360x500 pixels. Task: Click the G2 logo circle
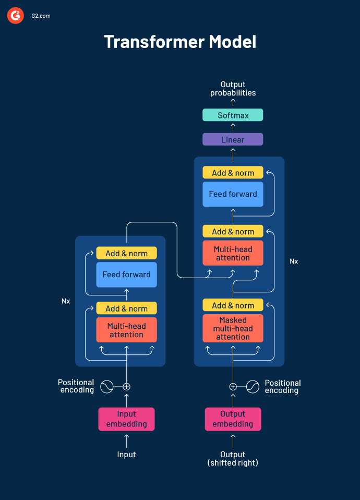15,16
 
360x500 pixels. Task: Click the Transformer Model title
180,42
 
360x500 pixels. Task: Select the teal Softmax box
233,115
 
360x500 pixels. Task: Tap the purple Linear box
233,140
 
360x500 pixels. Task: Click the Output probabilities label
233,89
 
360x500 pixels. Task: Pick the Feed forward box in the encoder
126,275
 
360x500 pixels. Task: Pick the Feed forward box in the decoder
233,194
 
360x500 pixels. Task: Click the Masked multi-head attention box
233,329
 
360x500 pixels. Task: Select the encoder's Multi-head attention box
126,330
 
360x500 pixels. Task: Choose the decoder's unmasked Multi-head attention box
233,254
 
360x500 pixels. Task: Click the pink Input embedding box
126,419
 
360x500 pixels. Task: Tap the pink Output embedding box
233,419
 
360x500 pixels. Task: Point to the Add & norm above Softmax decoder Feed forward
233,173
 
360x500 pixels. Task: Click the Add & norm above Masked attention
233,306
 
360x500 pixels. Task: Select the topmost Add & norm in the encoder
126,254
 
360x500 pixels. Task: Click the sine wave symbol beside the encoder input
106,387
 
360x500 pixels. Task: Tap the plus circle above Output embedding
233,387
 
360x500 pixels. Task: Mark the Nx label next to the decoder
294,261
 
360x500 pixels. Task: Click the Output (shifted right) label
233,459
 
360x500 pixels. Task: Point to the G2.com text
40,16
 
